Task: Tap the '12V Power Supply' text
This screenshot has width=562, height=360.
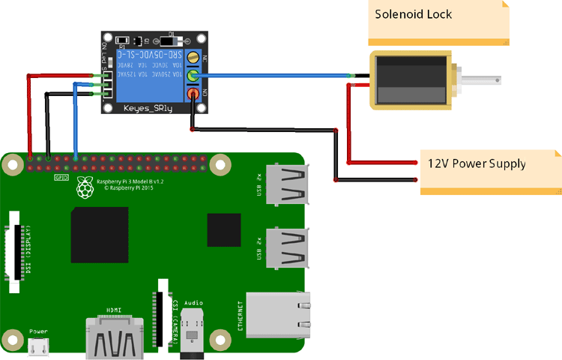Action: [477, 163]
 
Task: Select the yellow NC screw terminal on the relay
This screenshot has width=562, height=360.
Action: [193, 58]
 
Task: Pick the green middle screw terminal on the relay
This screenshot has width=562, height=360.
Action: [193, 76]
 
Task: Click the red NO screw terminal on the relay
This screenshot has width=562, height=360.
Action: [193, 94]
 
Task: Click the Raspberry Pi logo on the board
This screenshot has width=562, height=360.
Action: [85, 190]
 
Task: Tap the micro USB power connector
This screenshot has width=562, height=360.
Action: [39, 346]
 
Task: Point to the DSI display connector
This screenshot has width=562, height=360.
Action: [14, 247]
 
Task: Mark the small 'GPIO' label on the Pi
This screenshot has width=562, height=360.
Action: [61, 178]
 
